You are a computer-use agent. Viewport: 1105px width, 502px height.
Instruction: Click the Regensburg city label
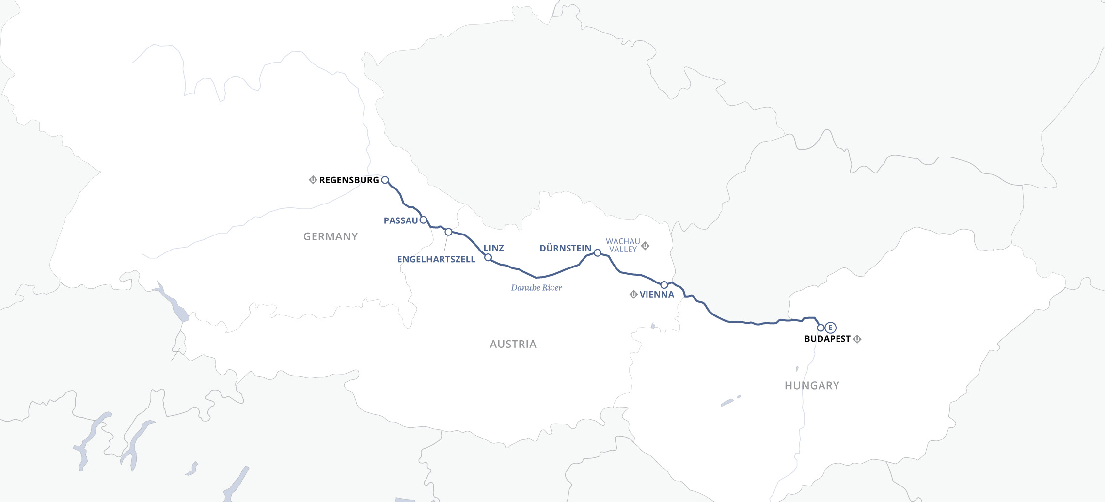click(349, 180)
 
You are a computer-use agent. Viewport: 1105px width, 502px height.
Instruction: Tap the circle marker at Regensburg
click(385, 180)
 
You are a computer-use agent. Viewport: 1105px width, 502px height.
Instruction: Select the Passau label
click(400, 221)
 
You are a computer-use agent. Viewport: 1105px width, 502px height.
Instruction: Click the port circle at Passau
click(423, 220)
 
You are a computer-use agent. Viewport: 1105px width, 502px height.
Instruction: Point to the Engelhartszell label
click(436, 260)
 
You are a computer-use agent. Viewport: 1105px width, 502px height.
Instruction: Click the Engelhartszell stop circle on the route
click(448, 232)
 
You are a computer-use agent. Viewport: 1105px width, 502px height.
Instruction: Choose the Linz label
click(494, 248)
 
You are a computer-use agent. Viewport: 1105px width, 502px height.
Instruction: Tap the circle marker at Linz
click(488, 257)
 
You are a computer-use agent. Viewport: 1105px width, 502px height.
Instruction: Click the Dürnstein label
click(566, 249)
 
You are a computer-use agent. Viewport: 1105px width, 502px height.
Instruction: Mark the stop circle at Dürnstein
click(598, 253)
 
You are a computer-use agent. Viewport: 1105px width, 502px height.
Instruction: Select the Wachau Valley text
click(623, 245)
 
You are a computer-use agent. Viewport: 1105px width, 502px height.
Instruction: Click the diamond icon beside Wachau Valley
click(645, 246)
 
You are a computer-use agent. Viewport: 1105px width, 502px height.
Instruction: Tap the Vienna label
click(657, 295)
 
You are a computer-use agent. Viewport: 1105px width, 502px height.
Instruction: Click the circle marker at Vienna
click(664, 285)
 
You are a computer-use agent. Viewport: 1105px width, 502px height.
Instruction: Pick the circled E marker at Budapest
click(831, 328)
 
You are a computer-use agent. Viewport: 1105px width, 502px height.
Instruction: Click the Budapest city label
click(827, 339)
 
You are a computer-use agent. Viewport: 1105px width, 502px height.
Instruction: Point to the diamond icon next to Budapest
click(857, 339)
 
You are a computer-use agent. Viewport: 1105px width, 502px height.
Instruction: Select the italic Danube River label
click(537, 288)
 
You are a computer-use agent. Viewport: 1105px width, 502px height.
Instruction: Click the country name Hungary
click(812, 386)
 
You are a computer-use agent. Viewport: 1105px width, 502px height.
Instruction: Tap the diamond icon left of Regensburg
click(313, 180)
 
